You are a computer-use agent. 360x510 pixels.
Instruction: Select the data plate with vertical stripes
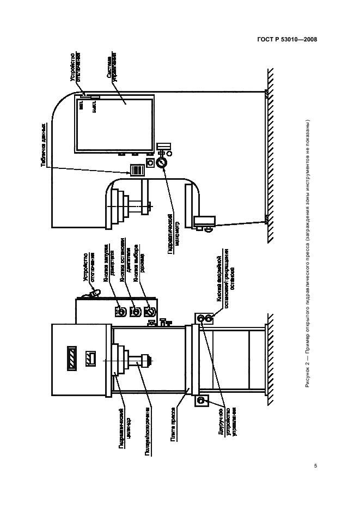(x=136, y=169)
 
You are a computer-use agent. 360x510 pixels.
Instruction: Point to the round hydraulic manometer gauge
(x=161, y=163)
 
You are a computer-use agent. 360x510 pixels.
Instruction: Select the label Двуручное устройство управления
(x=227, y=424)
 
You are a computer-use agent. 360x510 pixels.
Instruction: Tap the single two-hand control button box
(x=200, y=402)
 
